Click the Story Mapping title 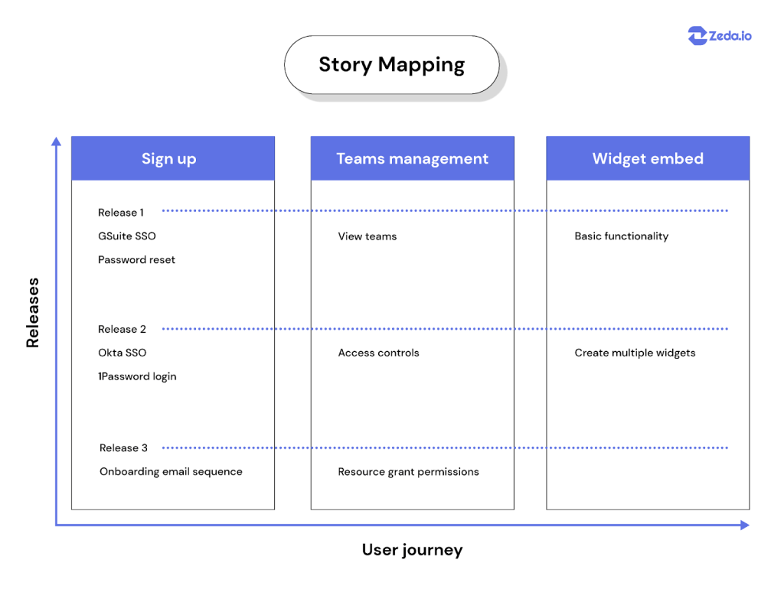[x=391, y=65]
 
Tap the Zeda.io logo [x=720, y=35]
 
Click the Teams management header [x=413, y=158]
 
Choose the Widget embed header [x=648, y=158]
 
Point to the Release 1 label [x=121, y=213]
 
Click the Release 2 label [x=122, y=329]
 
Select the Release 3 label [x=123, y=447]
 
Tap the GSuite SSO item [x=127, y=236]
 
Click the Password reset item [x=136, y=260]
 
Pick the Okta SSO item [x=122, y=353]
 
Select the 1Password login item [x=138, y=376]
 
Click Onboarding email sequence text [x=171, y=472]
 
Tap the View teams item [x=367, y=236]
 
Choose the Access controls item [x=378, y=353]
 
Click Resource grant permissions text [x=409, y=472]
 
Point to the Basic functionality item [x=622, y=236]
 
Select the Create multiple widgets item [x=635, y=353]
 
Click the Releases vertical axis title [x=32, y=313]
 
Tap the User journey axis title [x=413, y=550]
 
